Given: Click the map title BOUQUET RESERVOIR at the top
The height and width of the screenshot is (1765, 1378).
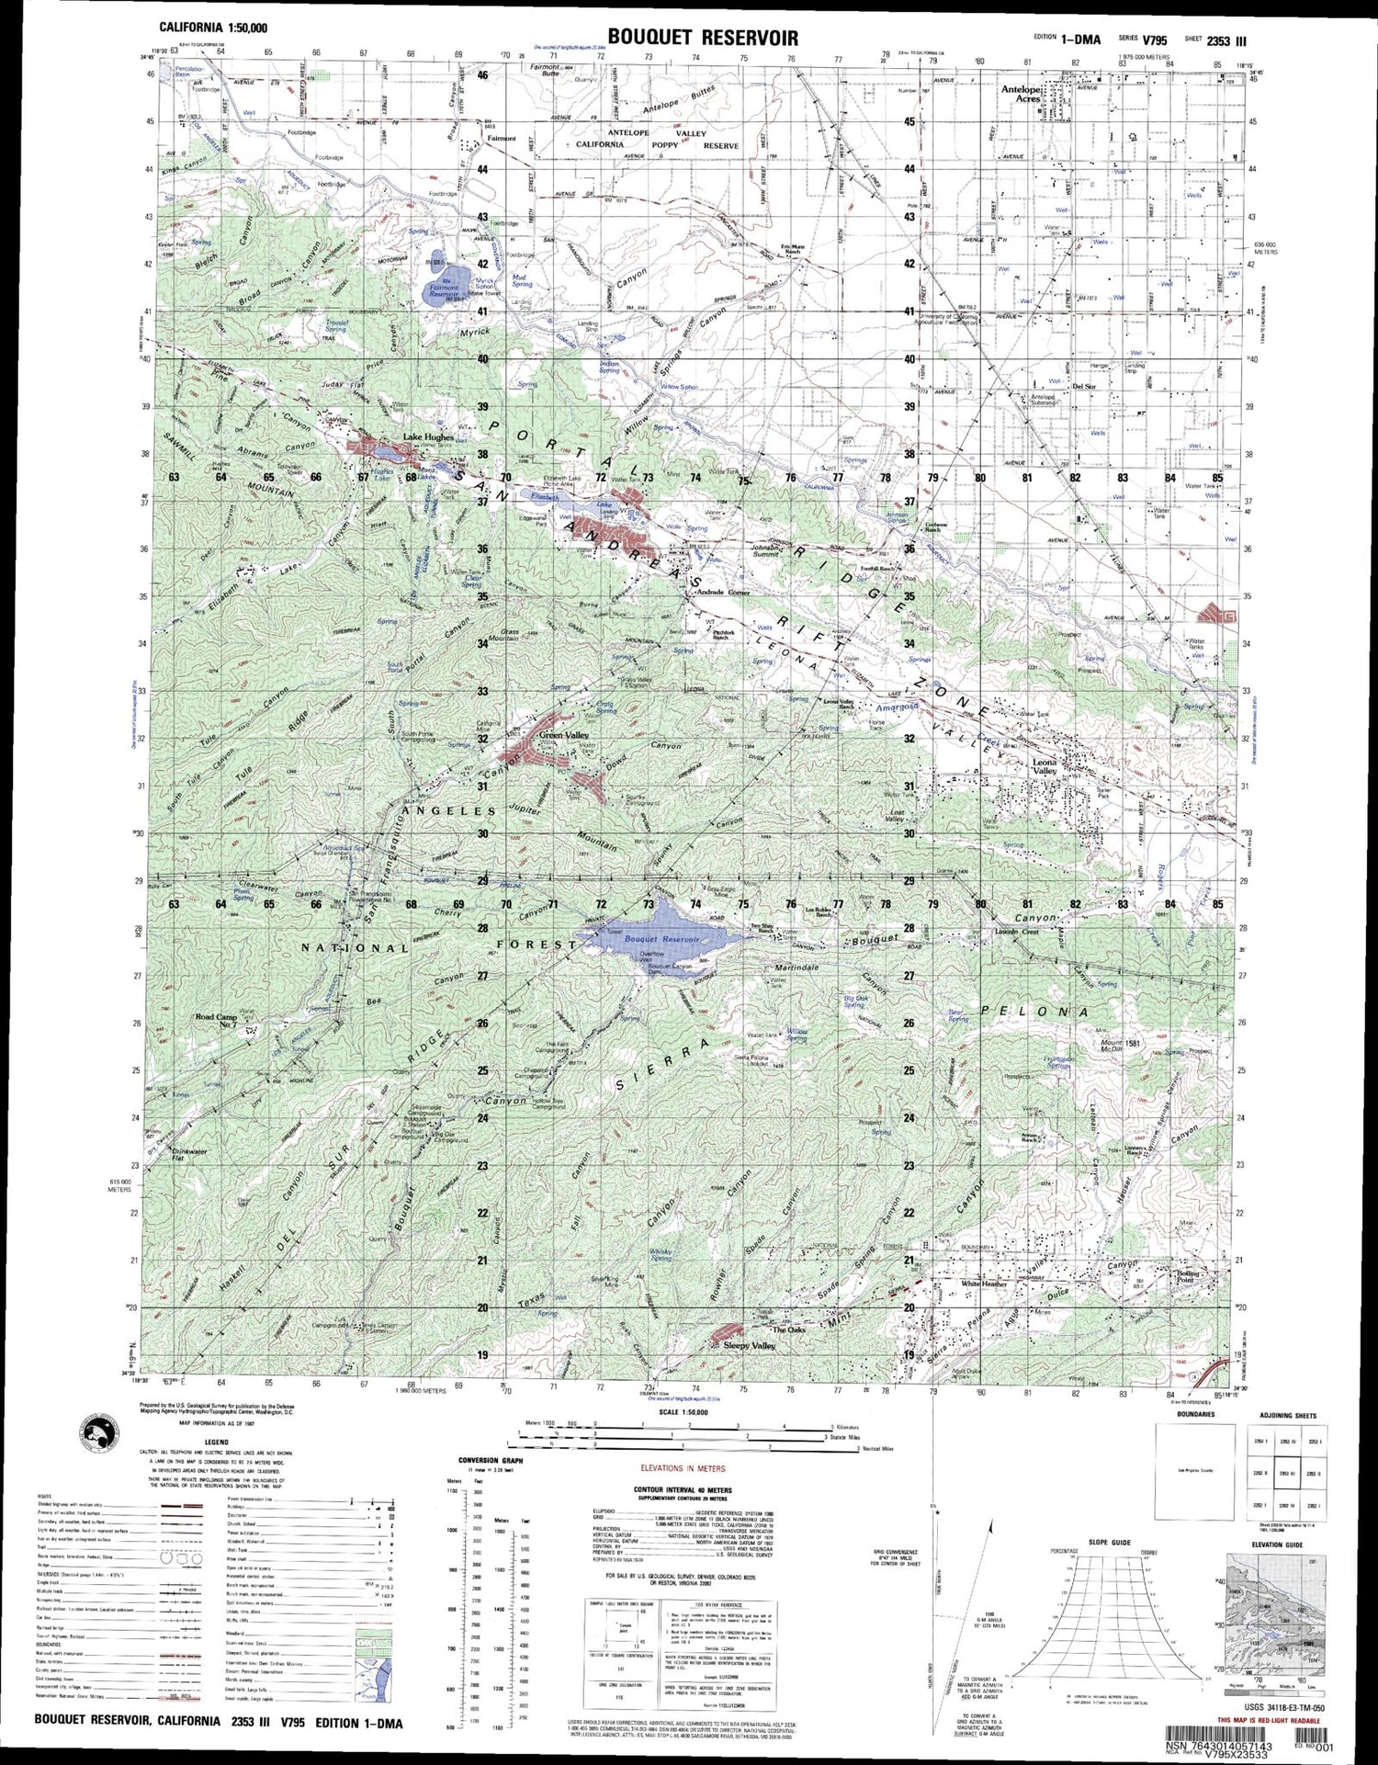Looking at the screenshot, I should tap(702, 37).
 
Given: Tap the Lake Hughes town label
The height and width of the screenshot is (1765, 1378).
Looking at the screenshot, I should tap(428, 437).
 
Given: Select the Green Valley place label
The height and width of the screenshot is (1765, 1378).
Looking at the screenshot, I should tap(564, 735).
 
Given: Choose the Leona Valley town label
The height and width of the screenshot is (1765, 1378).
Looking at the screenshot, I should tap(1045, 767).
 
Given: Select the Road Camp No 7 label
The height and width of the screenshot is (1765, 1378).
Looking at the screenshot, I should tap(216, 1021).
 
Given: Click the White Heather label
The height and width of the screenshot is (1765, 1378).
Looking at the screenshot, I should tap(984, 1284).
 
